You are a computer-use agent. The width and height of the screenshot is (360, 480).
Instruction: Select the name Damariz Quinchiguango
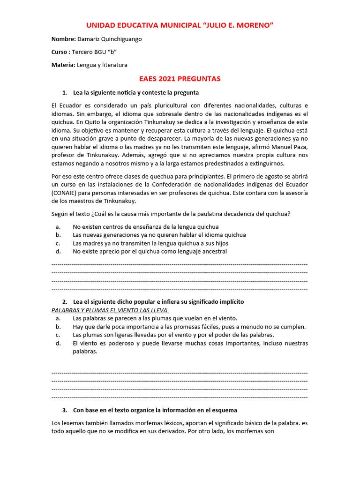[109, 39]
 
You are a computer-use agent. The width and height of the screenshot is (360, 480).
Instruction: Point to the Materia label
[63, 65]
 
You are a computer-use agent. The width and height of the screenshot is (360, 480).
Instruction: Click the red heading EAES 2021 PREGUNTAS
[180, 79]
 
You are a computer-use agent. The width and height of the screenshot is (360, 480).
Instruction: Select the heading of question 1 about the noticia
[135, 92]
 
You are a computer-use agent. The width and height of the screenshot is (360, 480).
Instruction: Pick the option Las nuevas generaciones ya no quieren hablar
[159, 235]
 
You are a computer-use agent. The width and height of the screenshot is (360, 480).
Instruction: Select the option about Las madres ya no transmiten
[150, 243]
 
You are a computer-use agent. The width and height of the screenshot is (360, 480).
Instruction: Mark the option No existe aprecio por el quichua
[150, 251]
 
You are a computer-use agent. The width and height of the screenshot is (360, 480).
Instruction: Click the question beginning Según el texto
[171, 214]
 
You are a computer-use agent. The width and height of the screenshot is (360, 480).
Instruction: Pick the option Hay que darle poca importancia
[189, 327]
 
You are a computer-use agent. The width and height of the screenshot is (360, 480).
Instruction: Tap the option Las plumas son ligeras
[173, 335]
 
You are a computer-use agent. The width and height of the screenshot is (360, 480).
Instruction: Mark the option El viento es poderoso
[190, 343]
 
